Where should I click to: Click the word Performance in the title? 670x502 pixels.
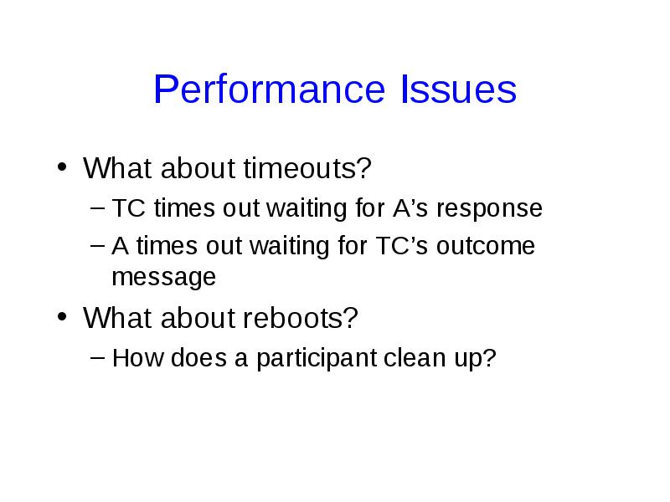coord(269,89)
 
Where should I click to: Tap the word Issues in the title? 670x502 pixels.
coord(458,89)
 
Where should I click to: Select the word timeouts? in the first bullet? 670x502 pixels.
coord(307,168)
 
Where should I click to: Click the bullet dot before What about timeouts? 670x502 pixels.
coord(62,166)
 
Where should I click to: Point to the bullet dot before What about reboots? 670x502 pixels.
coord(62,317)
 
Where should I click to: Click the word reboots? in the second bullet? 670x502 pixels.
coord(301,318)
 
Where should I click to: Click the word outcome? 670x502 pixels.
coord(486,246)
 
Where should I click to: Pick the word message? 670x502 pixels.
coord(163,278)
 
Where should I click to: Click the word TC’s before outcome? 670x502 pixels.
coord(402,245)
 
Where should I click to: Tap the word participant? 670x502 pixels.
coord(317,358)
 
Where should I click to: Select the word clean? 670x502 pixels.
coord(415,357)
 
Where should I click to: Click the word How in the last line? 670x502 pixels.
coord(137,358)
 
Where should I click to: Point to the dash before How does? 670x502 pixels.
coord(97,357)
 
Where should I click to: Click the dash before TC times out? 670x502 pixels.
coord(97,207)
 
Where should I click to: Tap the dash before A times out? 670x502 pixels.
coord(97,245)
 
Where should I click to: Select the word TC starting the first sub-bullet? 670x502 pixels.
coord(129,207)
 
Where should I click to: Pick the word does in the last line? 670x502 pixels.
coord(198,357)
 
